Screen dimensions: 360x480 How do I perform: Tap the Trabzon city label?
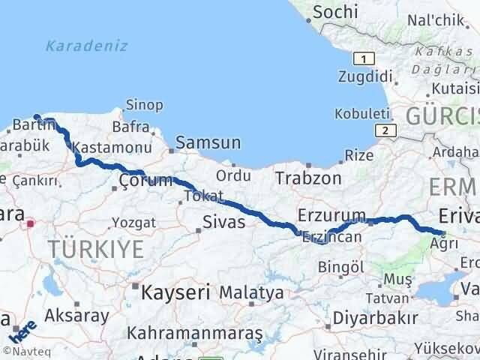pyautogui.click(x=308, y=178)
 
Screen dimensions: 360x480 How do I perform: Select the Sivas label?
pyautogui.click(x=224, y=221)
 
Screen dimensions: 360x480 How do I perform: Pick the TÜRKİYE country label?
pyautogui.click(x=95, y=250)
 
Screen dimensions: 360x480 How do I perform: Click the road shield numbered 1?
pyautogui.click(x=364, y=58)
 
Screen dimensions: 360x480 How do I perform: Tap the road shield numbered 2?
pyautogui.click(x=385, y=130)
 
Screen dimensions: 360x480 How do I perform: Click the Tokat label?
pyautogui.click(x=202, y=196)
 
